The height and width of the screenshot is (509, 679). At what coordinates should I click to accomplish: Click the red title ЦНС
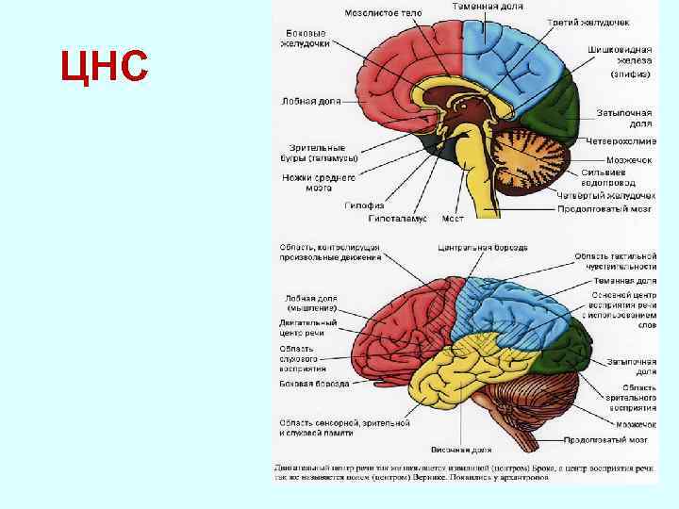[x=103, y=67]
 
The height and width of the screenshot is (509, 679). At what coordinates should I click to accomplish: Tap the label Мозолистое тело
[x=382, y=13]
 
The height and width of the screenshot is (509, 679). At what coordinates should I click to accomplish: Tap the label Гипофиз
[x=362, y=205]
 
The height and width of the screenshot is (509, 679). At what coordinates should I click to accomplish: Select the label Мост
[x=453, y=218]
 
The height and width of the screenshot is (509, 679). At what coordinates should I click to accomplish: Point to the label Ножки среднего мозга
[x=318, y=182]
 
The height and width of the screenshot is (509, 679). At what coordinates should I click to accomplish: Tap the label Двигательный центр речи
[x=306, y=327]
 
